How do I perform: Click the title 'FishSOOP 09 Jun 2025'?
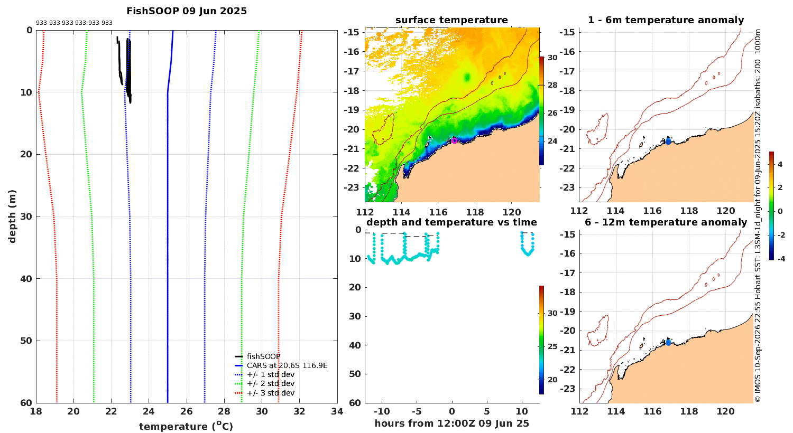point(187,11)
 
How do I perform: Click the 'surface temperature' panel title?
point(451,20)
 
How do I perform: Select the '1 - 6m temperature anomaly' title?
point(666,20)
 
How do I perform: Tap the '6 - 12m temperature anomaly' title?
point(666,222)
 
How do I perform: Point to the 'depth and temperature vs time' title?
point(451,222)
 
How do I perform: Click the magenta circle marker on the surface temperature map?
point(454,140)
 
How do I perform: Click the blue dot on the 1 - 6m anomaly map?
point(668,142)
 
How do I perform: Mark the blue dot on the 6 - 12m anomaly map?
point(668,343)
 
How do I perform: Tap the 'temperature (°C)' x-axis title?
point(186,426)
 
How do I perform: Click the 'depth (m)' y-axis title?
point(12,216)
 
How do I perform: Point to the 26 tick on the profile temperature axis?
point(187,411)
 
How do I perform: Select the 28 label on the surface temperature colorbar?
point(552,85)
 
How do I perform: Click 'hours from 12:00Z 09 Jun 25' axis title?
point(451,423)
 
